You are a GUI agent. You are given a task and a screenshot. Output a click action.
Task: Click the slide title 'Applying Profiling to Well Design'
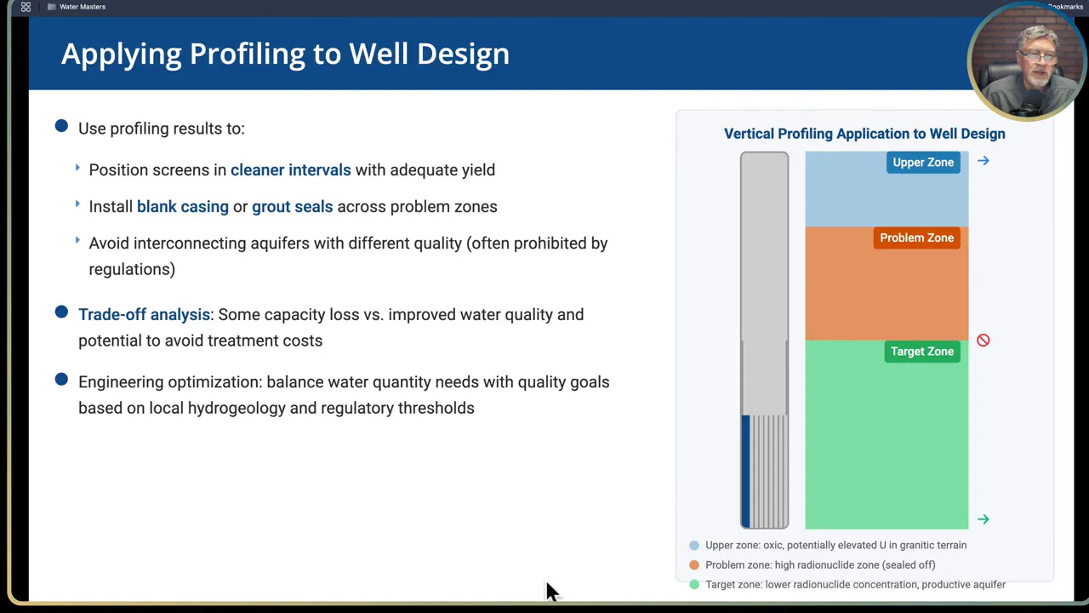coord(285,54)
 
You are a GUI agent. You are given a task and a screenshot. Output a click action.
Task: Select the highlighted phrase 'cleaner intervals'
coord(290,169)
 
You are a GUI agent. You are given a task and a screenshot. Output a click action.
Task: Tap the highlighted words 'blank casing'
coord(182,206)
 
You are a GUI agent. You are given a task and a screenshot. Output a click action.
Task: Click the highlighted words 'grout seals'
coord(292,206)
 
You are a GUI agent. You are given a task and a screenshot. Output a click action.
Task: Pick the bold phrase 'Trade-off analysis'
coord(144,314)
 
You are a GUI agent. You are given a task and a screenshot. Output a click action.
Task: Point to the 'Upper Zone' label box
coord(923,163)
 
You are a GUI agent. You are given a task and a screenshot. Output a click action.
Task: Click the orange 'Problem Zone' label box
coord(916,238)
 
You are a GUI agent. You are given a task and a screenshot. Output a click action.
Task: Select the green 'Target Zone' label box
coord(921,352)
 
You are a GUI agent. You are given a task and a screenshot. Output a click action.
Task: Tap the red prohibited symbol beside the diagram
coord(984,341)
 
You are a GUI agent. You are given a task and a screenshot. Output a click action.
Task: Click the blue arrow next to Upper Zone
coord(984,161)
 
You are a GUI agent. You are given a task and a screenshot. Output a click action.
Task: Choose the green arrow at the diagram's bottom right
coord(984,519)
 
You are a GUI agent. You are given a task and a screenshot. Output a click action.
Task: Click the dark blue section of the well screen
coord(746,471)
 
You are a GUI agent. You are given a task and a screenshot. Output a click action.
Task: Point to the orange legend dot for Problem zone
coord(694,565)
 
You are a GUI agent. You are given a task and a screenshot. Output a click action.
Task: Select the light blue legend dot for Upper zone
coord(694,546)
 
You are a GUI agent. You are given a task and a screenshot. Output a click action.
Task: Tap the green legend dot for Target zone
coord(694,585)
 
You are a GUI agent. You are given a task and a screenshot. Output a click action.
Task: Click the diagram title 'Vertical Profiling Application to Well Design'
coord(864,134)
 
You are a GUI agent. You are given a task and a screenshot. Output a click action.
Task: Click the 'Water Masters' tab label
coord(83,7)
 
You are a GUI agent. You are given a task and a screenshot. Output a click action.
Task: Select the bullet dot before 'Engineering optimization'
coord(61,380)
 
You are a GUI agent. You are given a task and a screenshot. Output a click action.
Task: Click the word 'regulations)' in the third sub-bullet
coord(132,269)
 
